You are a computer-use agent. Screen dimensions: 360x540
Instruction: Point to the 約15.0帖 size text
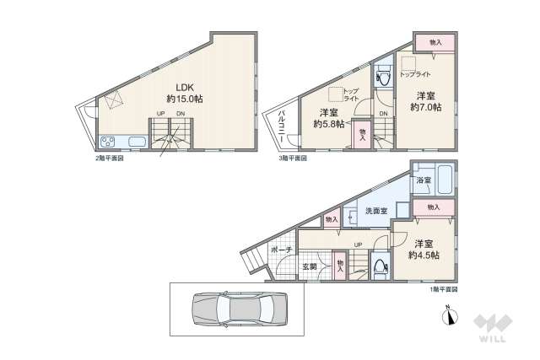pyautogui.click(x=184, y=99)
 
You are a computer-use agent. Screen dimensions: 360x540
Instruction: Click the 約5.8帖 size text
pyautogui.click(x=329, y=124)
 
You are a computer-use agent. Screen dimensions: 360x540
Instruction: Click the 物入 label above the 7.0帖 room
pyautogui.click(x=435, y=42)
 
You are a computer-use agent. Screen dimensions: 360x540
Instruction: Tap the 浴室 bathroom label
pyautogui.click(x=423, y=180)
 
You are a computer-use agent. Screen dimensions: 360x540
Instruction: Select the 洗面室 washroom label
pyautogui.click(x=376, y=211)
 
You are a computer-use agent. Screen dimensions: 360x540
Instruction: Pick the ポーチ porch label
pyautogui.click(x=282, y=250)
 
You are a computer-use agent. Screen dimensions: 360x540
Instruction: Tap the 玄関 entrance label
pyautogui.click(x=310, y=267)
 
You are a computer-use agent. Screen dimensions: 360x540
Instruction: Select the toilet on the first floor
pyautogui.click(x=380, y=268)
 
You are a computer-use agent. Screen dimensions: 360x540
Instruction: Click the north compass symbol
pyautogui.click(x=450, y=318)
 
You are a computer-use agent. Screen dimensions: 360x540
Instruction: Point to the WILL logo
pyautogui.click(x=493, y=329)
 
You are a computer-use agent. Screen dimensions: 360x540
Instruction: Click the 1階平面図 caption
pyautogui.click(x=443, y=289)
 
